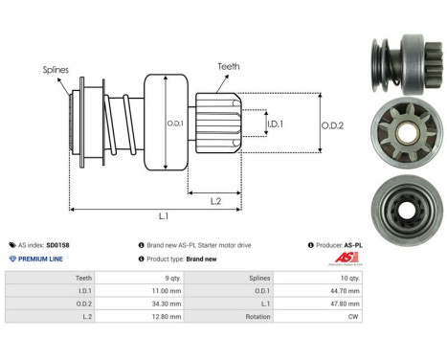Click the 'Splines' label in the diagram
[x=54, y=70]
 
